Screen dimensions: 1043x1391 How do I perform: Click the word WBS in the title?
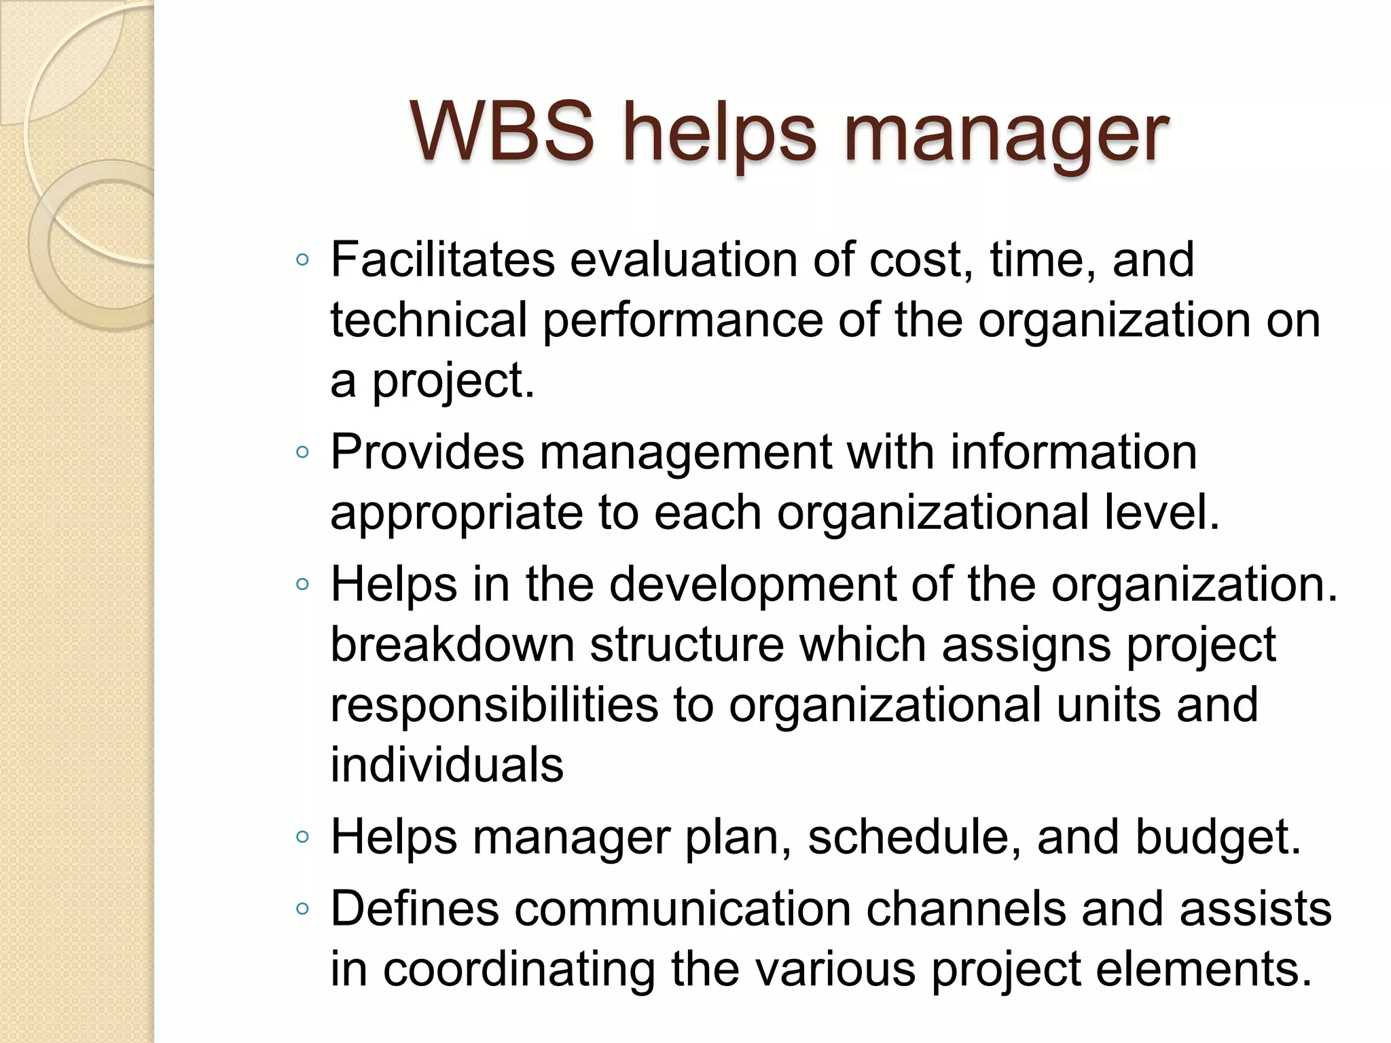(502, 132)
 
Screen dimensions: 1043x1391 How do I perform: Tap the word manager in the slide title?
(1006, 136)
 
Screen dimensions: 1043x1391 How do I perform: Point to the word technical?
(429, 320)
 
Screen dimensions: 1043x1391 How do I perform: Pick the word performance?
(683, 321)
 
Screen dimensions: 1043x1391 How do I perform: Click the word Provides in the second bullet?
(427, 452)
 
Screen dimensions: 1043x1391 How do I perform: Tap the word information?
(1073, 452)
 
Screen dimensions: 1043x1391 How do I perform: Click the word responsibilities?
(494, 705)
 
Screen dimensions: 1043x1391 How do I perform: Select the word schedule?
(914, 837)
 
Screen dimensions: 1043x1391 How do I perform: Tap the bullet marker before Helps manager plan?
(302, 837)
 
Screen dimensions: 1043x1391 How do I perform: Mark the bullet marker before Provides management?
(302, 452)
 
